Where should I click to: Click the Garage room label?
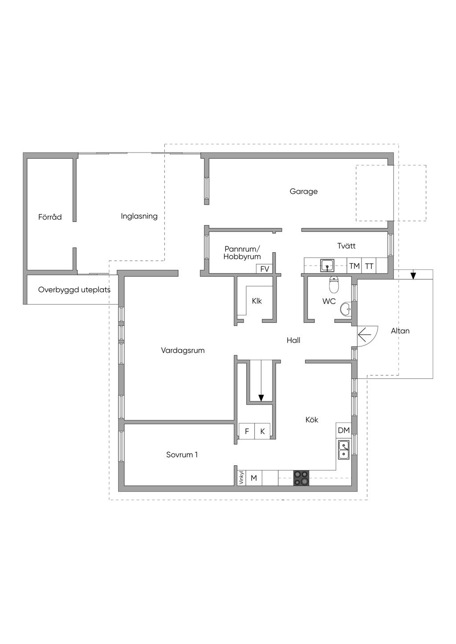coord(304,192)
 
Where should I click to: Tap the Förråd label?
coord(50,217)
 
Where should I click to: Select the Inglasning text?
coord(139,216)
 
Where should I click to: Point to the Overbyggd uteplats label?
coord(74,290)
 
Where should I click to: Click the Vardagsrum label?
coord(183,350)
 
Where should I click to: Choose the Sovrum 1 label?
coord(182,455)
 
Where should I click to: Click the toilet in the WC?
coord(334,283)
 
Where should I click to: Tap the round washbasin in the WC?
coord(346,309)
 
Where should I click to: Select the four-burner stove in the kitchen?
coord(301,478)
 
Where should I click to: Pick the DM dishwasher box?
coord(344,430)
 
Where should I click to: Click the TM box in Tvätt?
coord(354,266)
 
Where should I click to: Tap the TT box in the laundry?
coord(369,266)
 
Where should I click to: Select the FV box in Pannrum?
coord(265,269)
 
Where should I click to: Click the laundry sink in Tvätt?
coord(327,266)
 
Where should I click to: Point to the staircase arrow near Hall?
coord(261,397)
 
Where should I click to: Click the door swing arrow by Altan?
coord(365,332)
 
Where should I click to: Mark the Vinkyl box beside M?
coord(241,478)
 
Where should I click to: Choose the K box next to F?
coord(262,431)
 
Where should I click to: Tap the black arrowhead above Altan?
coord(413,276)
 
